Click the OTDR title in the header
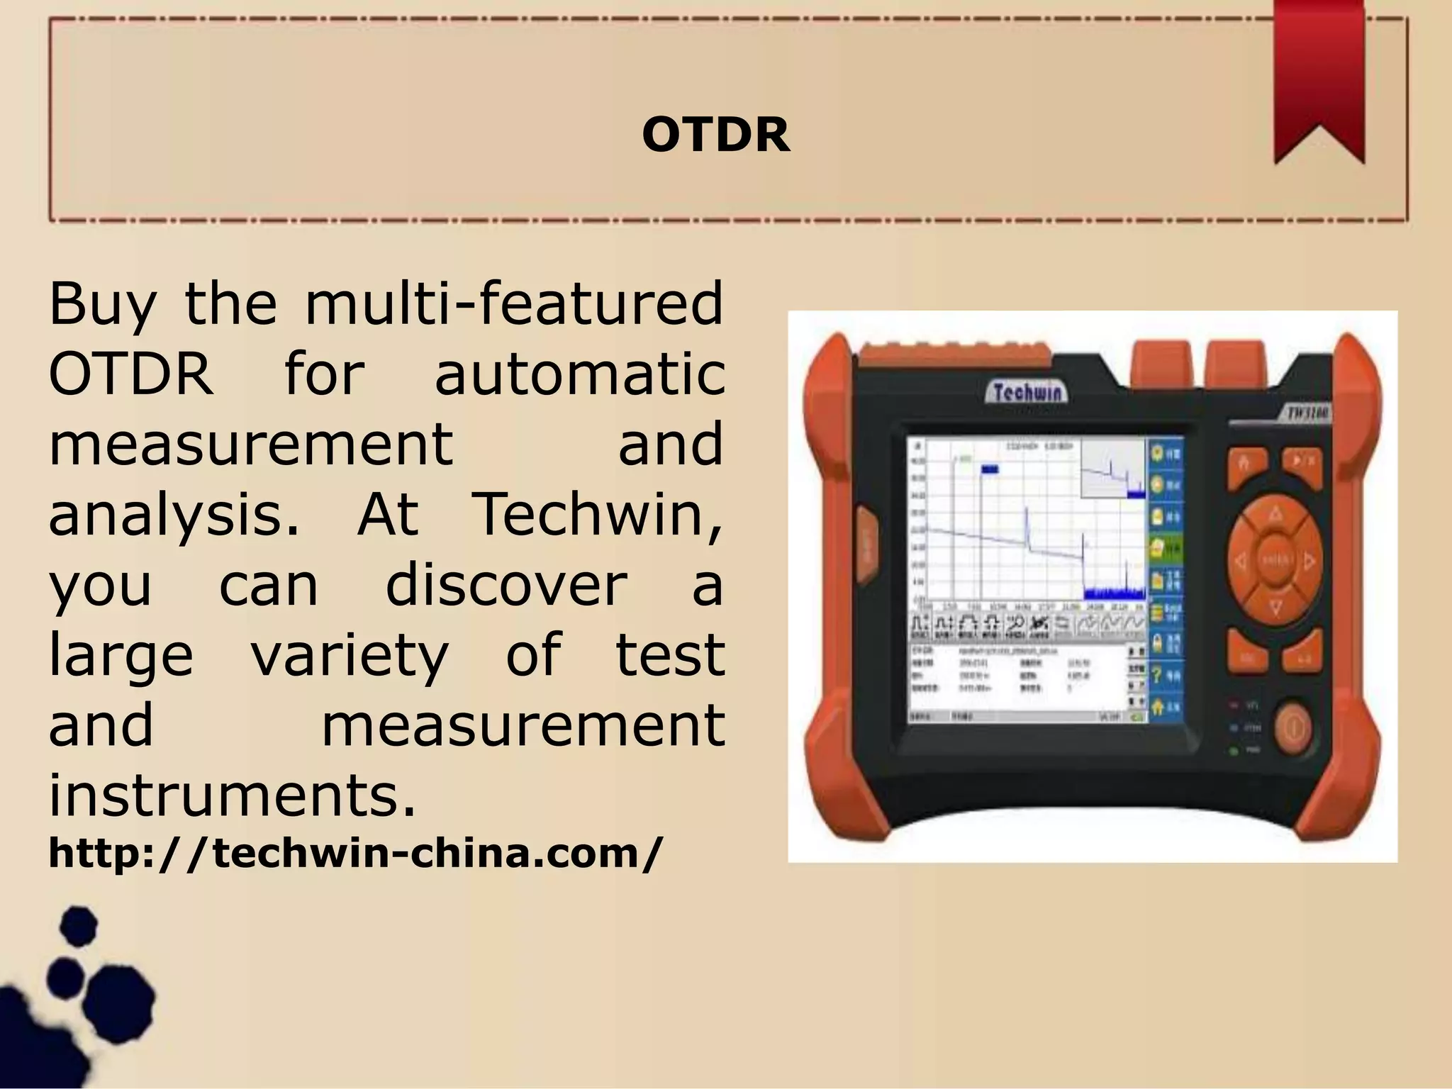pos(715,134)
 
